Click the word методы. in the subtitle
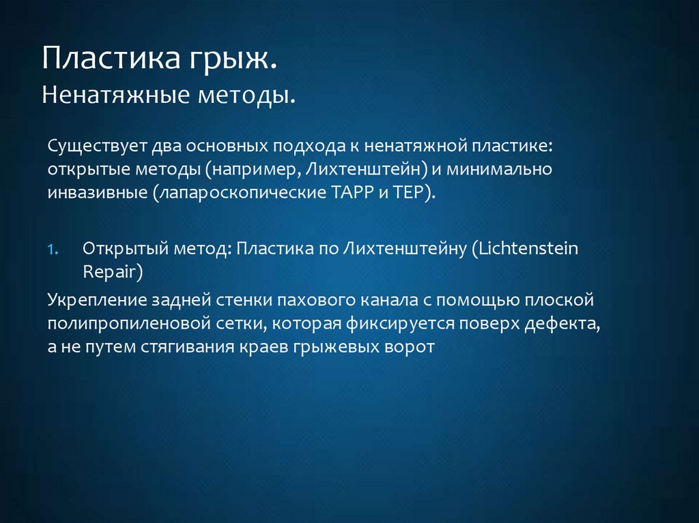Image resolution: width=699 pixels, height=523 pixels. [246, 95]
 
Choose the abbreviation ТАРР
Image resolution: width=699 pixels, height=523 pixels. [352, 192]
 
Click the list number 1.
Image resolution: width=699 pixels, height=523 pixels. [55, 249]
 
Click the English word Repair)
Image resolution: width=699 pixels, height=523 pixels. [113, 271]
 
